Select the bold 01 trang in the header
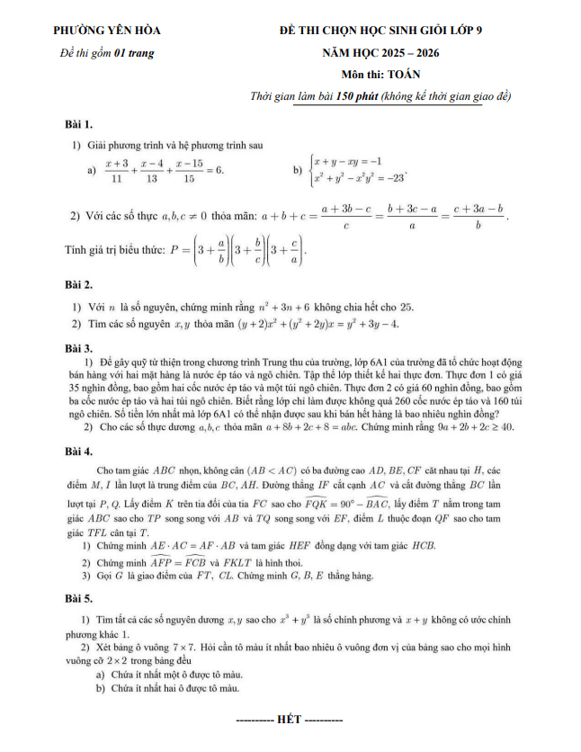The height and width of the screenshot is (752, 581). coord(134,53)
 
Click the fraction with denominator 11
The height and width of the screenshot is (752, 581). coord(116,170)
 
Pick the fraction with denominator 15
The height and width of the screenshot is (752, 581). coord(188,170)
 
